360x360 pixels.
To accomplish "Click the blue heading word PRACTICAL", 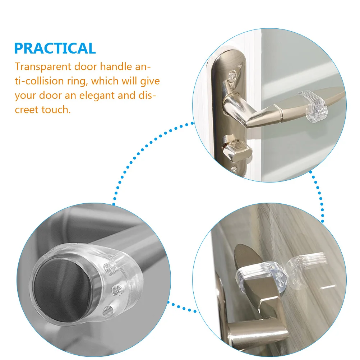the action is click(x=55, y=48).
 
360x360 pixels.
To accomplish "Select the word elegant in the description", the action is click(x=96, y=96).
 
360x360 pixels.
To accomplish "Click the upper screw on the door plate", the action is click(x=232, y=75).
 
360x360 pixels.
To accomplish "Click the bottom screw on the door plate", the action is click(x=234, y=170).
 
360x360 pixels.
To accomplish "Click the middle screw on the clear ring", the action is click(x=117, y=290).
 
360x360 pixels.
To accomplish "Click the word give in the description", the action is click(x=150, y=82).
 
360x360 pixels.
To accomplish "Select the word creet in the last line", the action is click(x=26, y=110).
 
